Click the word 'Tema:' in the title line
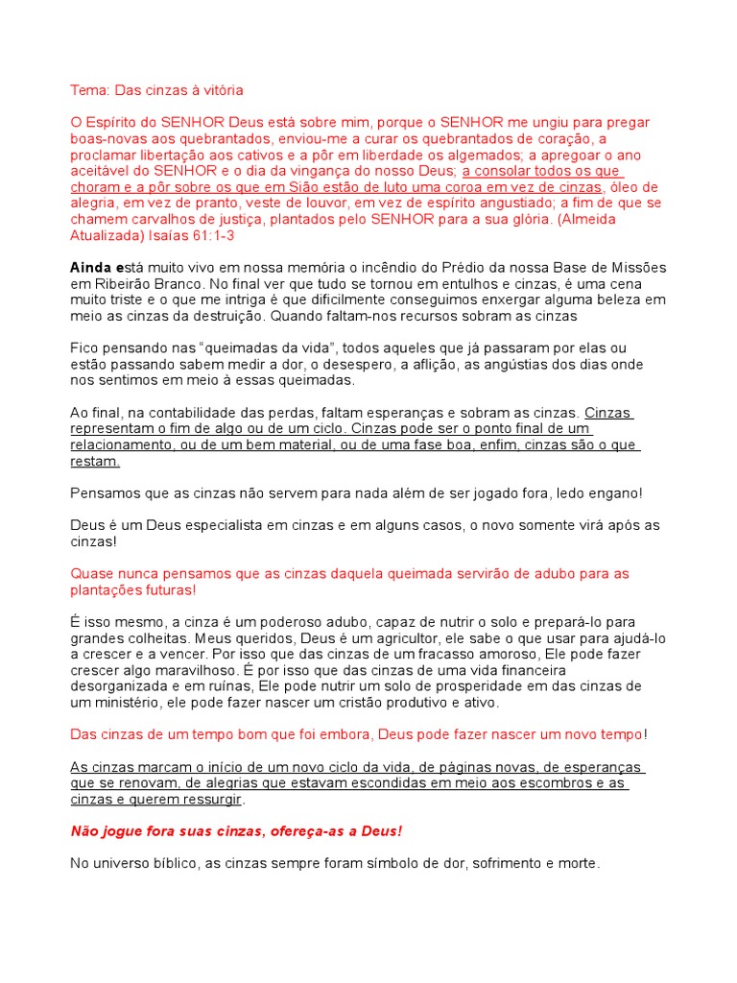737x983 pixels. click(x=89, y=90)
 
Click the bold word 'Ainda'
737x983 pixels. click(x=89, y=267)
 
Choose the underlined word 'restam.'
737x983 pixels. click(x=95, y=461)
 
